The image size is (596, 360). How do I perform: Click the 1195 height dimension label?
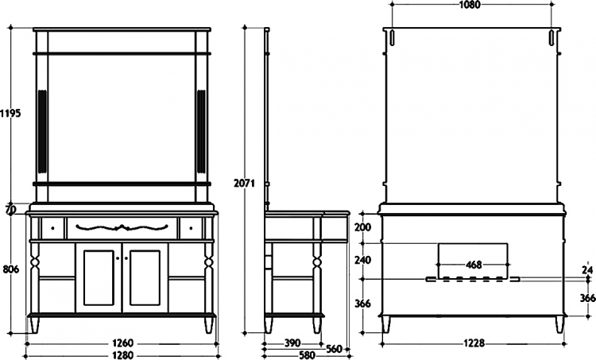coord(10,113)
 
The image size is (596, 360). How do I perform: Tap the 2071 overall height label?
coord(244,184)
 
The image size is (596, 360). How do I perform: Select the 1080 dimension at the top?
coord(470,5)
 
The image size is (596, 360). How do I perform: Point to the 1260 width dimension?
coord(122,343)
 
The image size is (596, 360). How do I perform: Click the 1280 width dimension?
coord(122,355)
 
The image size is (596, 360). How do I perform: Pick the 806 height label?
coord(10,269)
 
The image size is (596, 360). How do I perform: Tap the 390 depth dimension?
coord(292,343)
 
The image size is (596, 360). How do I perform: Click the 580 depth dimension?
coord(307,355)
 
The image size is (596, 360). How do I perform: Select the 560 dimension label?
coord(335,348)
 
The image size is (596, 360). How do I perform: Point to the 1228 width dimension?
coord(474,343)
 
